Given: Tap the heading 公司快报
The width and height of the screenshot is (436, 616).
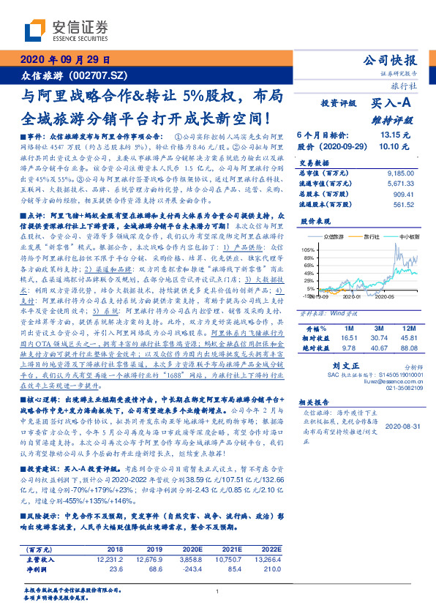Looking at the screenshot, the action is tap(391, 61).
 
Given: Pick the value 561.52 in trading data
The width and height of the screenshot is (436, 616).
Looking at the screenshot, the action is tap(401, 206).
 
